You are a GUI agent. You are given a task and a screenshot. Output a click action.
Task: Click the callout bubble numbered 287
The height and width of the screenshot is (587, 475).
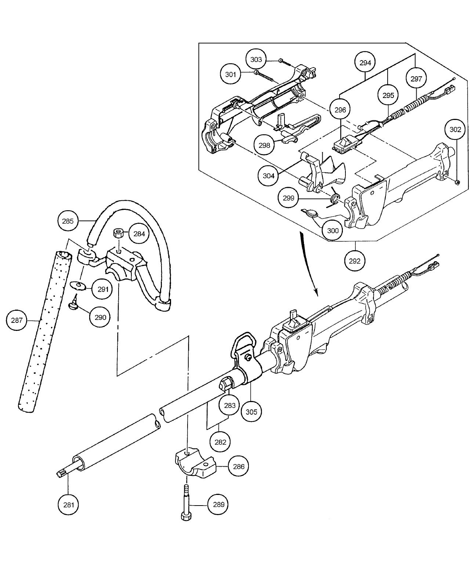[17, 320]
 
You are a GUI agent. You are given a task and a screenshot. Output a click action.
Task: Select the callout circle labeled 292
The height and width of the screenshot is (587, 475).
[355, 261]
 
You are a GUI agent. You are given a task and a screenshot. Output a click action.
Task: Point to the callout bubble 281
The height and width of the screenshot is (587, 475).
[69, 505]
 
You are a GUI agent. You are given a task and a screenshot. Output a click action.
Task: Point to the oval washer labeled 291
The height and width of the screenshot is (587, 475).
[77, 285]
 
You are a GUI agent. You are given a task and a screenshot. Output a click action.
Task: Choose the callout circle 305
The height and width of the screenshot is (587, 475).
[251, 412]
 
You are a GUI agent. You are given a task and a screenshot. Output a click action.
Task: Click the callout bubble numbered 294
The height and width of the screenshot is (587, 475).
[365, 63]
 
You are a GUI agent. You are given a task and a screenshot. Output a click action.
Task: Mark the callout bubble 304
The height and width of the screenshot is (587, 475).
[269, 176]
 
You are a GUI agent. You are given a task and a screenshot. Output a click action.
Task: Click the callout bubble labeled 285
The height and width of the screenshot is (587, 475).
[68, 221]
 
